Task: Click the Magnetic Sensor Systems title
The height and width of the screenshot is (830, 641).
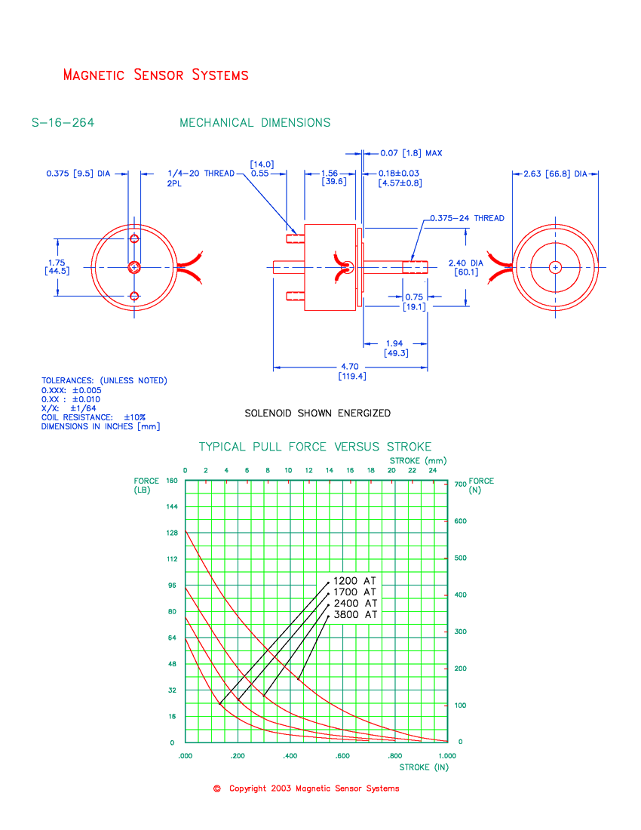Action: [x=156, y=75]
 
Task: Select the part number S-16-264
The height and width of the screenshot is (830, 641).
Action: [x=63, y=123]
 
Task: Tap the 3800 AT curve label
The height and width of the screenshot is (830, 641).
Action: [x=355, y=615]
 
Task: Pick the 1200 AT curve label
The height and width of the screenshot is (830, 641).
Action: [x=355, y=581]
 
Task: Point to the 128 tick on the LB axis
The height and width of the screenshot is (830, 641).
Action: [x=172, y=533]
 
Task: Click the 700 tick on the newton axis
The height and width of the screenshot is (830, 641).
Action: [x=461, y=484]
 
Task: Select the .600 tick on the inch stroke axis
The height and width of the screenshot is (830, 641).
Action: [x=342, y=755]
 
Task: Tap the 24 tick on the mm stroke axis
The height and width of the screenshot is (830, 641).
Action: [x=432, y=471]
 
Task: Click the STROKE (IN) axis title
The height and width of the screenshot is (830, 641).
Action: [x=424, y=767]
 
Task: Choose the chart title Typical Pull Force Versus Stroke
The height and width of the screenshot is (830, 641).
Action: [x=315, y=447]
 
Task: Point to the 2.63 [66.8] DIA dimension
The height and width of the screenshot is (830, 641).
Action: [x=557, y=174]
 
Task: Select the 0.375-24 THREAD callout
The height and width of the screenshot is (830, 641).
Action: [x=467, y=218]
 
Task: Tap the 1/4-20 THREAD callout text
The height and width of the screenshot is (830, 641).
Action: [x=201, y=174]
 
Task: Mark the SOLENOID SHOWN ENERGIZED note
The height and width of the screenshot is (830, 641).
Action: [x=317, y=413]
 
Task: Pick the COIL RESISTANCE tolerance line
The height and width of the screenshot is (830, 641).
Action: [x=94, y=417]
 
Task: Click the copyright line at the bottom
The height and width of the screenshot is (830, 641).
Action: [x=307, y=788]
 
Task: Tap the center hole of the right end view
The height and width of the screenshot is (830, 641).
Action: [x=556, y=267]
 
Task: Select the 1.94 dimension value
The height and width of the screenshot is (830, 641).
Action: [x=396, y=344]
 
